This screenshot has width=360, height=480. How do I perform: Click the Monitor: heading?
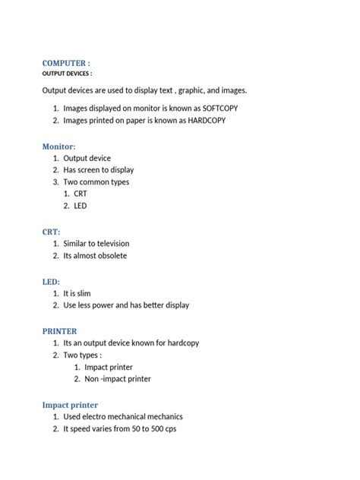point(59,145)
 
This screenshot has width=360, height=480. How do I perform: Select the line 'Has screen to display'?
point(98,170)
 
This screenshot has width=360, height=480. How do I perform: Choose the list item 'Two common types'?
point(96,182)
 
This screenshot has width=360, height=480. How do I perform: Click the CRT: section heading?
point(50,230)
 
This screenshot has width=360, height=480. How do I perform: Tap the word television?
point(109,243)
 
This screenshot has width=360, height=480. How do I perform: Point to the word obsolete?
point(110,255)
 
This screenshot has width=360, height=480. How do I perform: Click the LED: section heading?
point(50,281)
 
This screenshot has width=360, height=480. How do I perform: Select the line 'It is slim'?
point(82,293)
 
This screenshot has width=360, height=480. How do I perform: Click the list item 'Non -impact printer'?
point(118,378)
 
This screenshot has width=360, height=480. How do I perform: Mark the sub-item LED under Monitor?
point(81,206)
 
